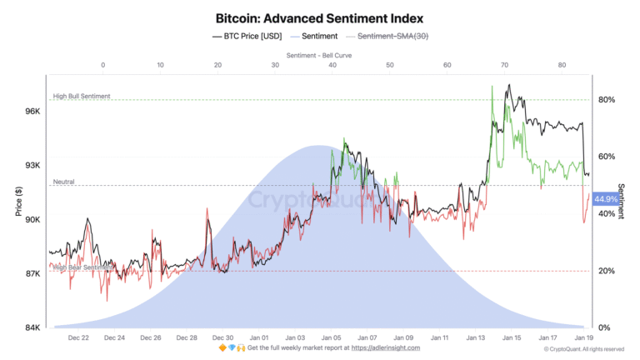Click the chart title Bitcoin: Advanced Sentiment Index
click(320, 17)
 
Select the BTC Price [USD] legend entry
click(247, 37)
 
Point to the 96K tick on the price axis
click(32, 111)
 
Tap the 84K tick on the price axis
click(32, 327)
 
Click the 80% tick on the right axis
click(607, 100)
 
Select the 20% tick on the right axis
click(607, 271)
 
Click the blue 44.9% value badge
click(607, 199)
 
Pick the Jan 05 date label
click(332, 337)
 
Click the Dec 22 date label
click(79, 337)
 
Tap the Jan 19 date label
click(583, 337)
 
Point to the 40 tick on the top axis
click(332, 64)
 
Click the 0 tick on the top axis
click(102, 64)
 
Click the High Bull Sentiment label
click(81, 96)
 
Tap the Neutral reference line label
click(64, 182)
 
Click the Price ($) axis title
click(18, 200)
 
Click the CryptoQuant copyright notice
click(590, 348)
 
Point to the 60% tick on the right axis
click(607, 157)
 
